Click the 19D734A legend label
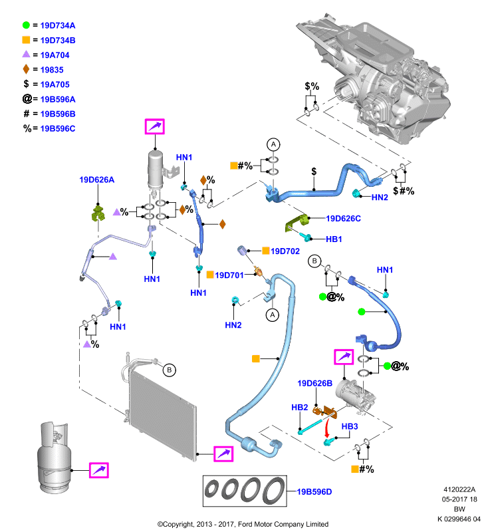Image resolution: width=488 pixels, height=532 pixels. pos(58,25)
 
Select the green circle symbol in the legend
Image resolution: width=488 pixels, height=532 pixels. pos(26,25)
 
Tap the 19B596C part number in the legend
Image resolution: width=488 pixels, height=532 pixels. pos(58,128)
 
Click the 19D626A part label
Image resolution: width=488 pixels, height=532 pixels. pos(96,180)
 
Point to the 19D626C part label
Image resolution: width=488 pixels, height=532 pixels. pos(343,219)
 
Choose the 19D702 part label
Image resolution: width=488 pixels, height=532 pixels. pos(285,251)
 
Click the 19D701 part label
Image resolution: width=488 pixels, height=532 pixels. pos(229,275)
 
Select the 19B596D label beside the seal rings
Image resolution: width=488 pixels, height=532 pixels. pos(314,491)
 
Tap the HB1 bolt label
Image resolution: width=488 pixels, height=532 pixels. pos(334,239)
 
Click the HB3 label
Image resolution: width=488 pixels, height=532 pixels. pos(350,426)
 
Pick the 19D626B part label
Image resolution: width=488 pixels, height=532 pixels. pos(314,384)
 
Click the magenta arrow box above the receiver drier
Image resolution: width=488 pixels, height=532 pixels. pos(155,126)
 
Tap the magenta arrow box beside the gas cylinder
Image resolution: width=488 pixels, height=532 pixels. pos(98,470)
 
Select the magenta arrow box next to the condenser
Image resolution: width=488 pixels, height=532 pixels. pos(223,454)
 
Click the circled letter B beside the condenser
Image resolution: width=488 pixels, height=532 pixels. pos(170,370)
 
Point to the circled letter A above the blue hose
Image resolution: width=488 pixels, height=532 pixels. pos(273,144)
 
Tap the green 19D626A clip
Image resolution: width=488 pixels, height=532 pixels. pos(98,213)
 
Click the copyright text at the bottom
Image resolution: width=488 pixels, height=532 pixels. pos(243,524)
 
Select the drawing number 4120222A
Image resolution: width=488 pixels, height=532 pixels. pos(459,489)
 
